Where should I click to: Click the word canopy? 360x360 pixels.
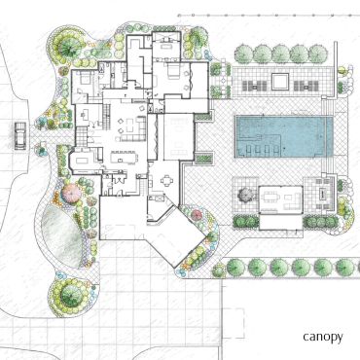[x=322, y=337]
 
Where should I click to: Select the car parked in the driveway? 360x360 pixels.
[x=20, y=135]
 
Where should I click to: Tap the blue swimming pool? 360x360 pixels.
[x=284, y=136]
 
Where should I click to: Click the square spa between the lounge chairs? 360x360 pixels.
[x=280, y=82]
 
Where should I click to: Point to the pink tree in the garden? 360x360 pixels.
[x=71, y=194]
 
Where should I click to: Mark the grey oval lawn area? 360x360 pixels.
[x=61, y=238]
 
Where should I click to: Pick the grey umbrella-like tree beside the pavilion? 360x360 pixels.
[x=245, y=195]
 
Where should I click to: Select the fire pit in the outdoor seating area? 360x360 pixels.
[x=323, y=194]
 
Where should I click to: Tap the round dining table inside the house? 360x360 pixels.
[x=166, y=181]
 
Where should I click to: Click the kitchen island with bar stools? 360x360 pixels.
[x=124, y=158]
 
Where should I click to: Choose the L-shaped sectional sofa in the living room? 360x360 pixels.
[x=134, y=129]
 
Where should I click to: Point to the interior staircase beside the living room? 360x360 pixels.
[x=106, y=115]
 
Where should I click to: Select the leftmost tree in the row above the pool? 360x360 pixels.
[x=243, y=54]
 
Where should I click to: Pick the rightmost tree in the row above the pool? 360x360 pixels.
[x=318, y=54]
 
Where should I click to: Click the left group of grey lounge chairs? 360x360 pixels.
[x=255, y=86]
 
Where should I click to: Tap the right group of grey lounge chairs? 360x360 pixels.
[x=306, y=86]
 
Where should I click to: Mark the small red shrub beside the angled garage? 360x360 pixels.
[x=197, y=215]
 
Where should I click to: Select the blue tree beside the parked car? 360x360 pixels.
[x=41, y=123]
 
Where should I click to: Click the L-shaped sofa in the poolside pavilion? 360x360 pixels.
[x=293, y=200]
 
